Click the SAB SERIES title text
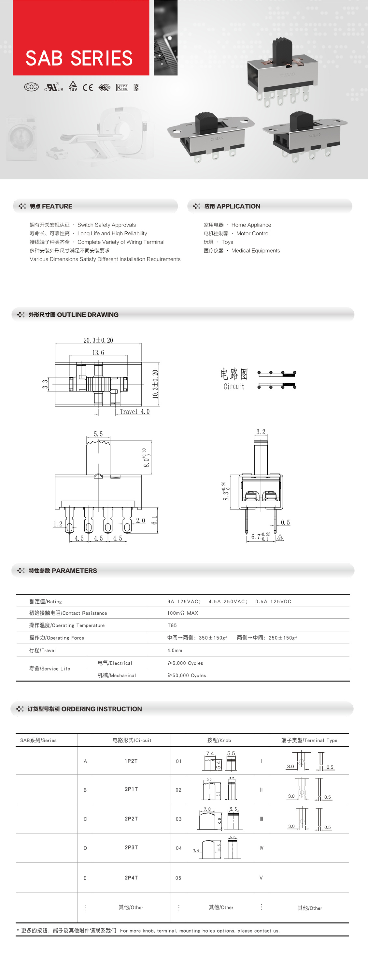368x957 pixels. click(79, 58)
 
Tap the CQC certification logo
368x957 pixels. click(31, 87)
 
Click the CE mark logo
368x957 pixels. click(88, 88)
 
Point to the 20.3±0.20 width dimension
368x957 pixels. click(98, 340)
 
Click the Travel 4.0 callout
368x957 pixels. click(134, 412)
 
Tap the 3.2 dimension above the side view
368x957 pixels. click(261, 432)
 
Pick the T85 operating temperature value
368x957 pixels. click(172, 625)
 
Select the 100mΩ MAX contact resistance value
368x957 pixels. click(182, 613)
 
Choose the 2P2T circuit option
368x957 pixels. click(131, 819)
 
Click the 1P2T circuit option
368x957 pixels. click(131, 761)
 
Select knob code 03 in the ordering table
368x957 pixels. click(178, 819)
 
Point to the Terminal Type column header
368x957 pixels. click(309, 740)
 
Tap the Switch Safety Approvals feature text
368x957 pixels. click(106, 225)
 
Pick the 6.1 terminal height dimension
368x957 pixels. click(154, 520)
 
